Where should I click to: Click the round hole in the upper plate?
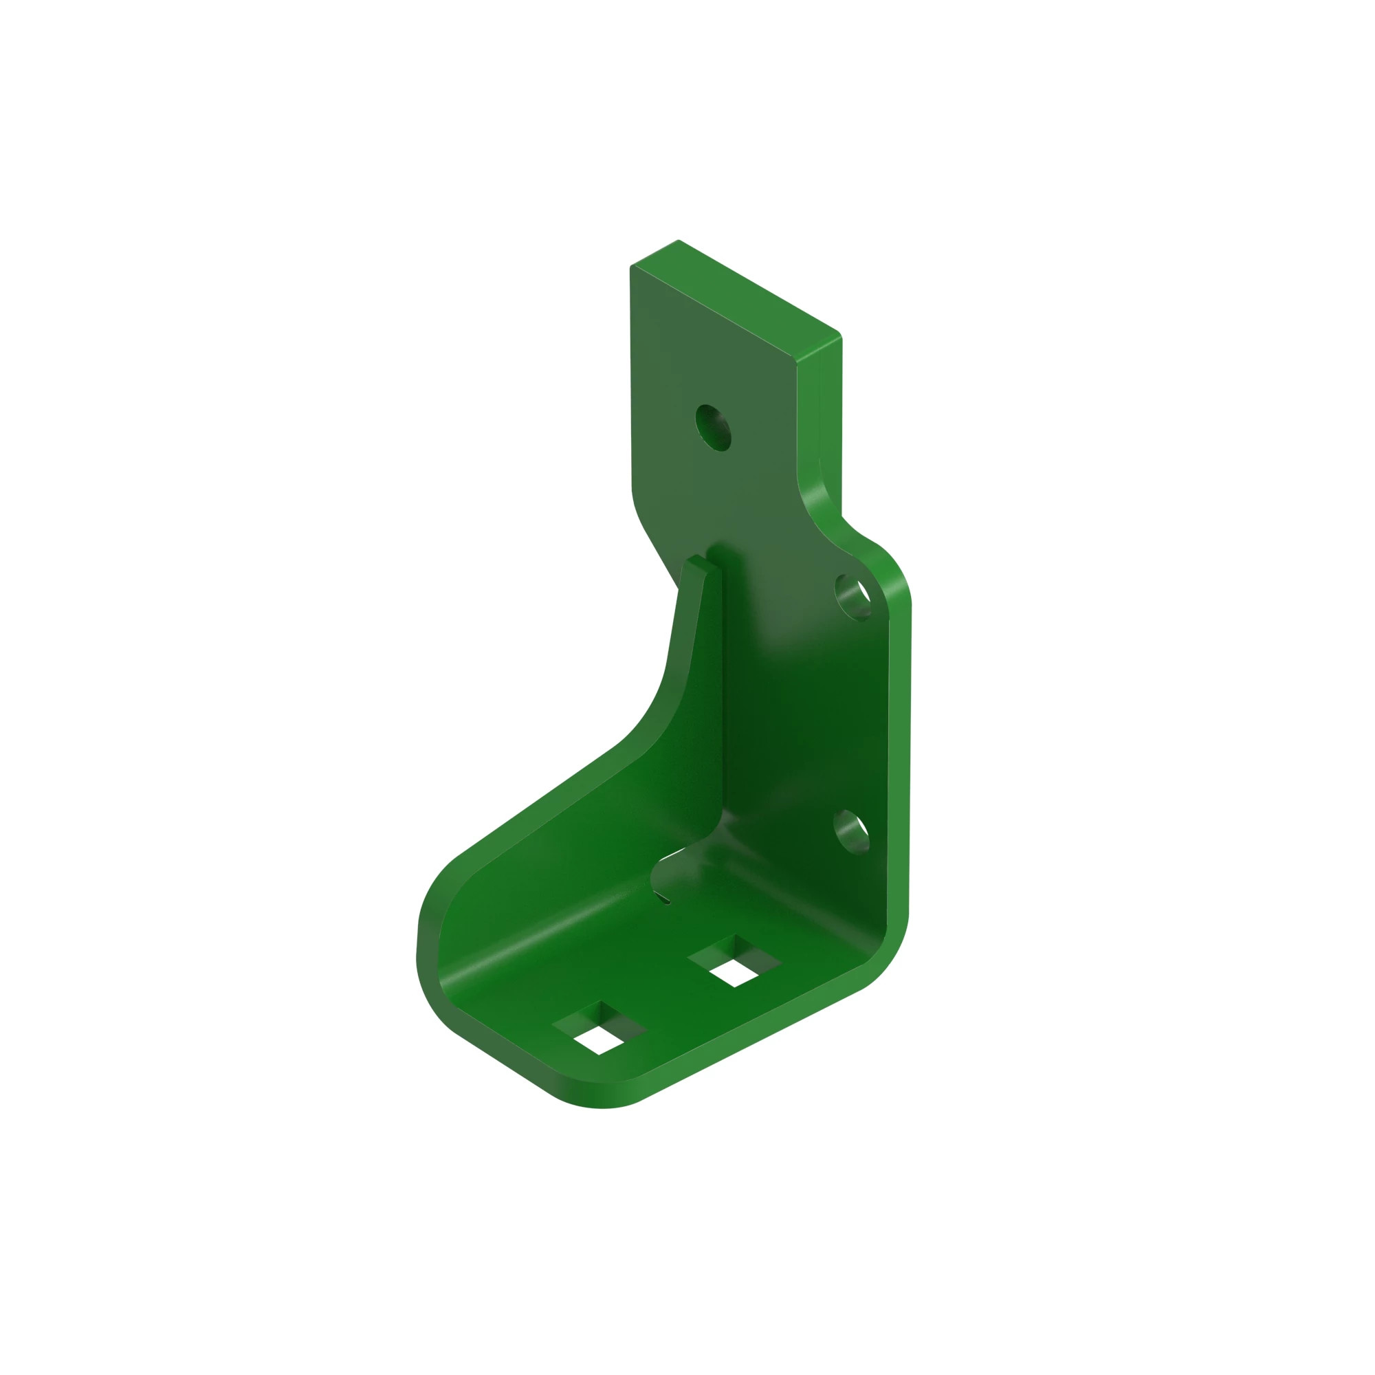pyautogui.click(x=713, y=428)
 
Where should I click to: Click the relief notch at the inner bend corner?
pyautogui.click(x=663, y=877)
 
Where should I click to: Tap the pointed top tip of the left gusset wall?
pyautogui.click(x=694, y=563)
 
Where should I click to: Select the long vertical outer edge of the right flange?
pyautogui.click(x=899, y=754)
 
